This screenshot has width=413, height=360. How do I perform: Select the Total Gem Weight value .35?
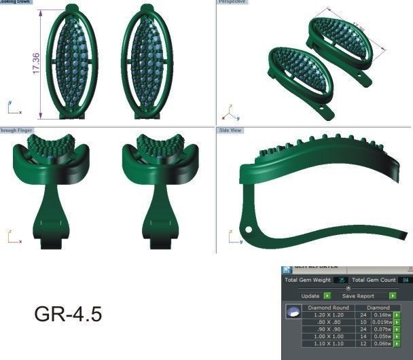341,280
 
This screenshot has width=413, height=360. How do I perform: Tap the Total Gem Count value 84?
406,280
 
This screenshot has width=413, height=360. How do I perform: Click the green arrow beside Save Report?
392,296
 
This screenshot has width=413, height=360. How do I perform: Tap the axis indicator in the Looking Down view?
13,109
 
